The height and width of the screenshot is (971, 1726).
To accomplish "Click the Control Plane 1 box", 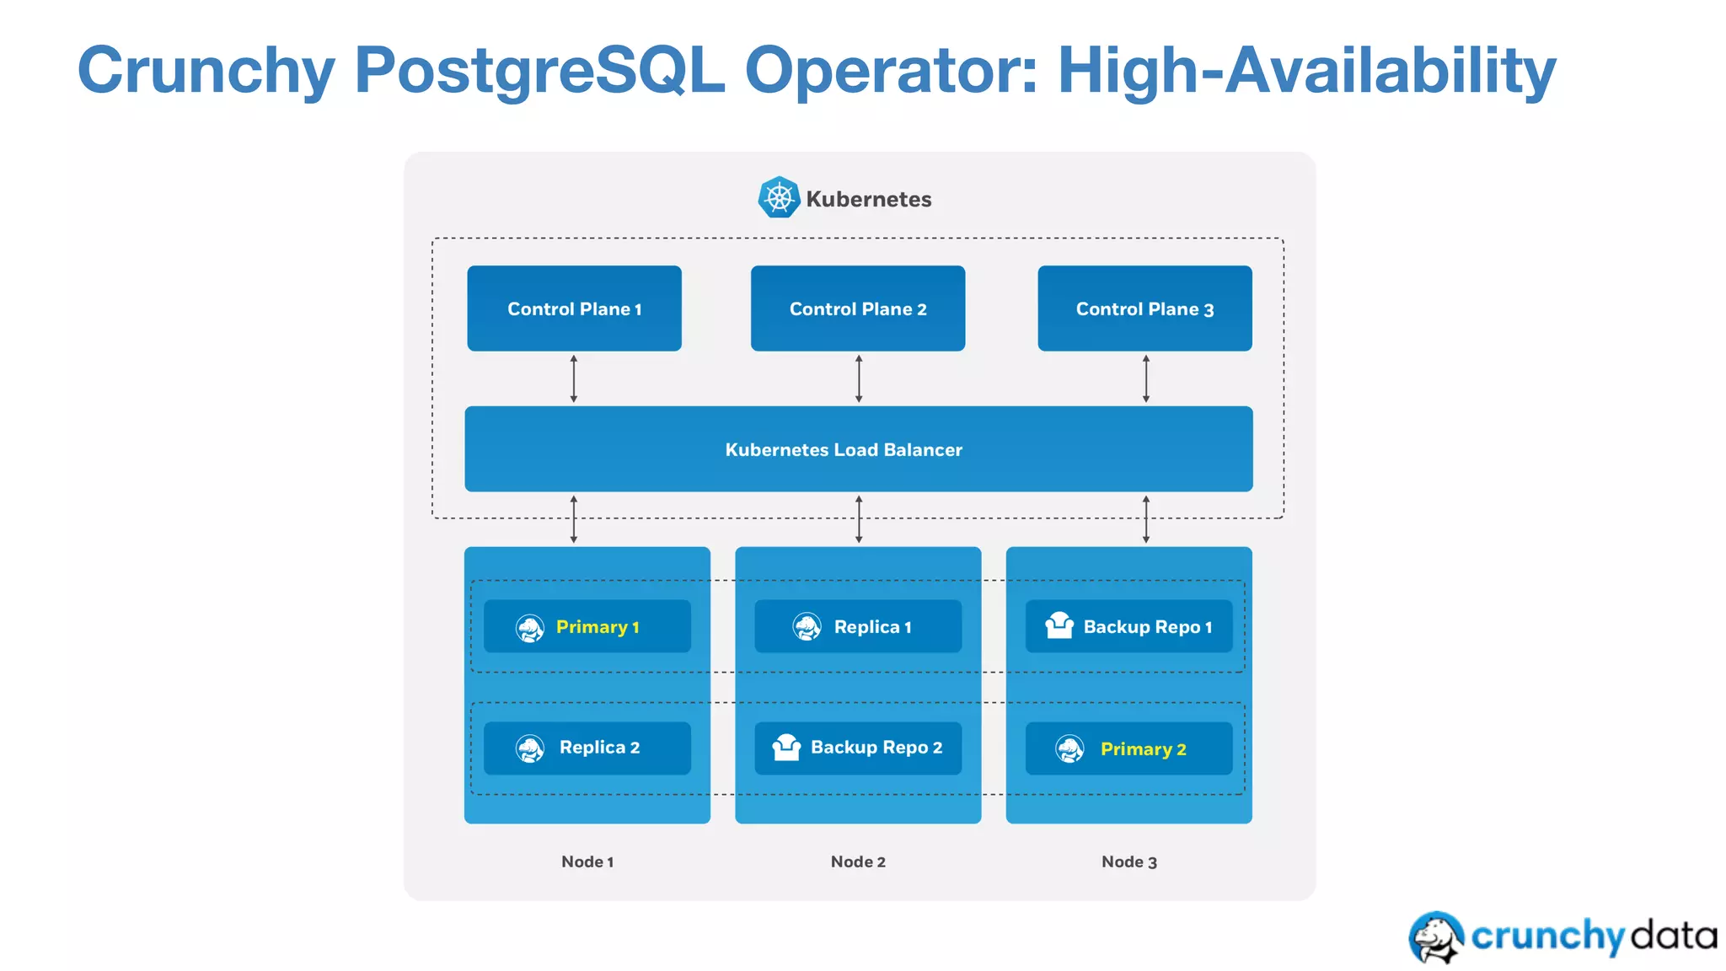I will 574,308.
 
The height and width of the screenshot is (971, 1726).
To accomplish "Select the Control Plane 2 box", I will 857,308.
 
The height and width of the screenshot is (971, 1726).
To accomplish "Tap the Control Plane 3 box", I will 1144,308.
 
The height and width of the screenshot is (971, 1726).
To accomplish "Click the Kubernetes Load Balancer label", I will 844,450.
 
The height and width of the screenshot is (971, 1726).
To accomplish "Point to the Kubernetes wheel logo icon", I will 779,198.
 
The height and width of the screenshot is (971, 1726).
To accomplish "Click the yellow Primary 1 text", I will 598,627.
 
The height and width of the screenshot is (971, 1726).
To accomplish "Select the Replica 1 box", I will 857,626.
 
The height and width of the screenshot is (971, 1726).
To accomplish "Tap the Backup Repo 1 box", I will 1128,626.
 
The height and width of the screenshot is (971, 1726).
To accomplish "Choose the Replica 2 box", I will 587,748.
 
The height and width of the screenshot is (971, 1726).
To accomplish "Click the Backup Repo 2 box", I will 857,748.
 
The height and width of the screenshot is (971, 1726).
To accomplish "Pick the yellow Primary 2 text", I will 1143,749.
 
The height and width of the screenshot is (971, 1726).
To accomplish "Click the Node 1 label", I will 587,861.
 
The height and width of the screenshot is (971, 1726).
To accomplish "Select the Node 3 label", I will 1128,861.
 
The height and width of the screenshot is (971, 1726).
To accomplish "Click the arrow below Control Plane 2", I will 859,378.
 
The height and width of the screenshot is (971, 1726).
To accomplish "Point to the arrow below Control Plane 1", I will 574,378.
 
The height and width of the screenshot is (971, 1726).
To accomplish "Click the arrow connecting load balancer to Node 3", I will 1145,519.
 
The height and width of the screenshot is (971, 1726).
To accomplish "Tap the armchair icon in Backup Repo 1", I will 1059,625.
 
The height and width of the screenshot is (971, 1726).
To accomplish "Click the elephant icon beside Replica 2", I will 530,748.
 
